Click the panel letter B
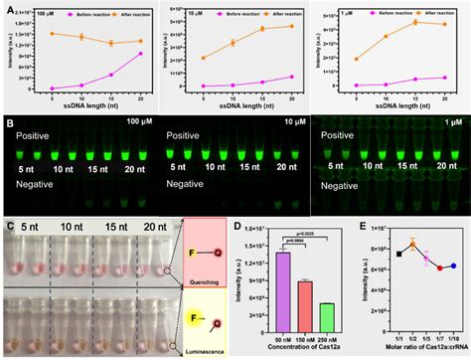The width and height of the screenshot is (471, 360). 7,124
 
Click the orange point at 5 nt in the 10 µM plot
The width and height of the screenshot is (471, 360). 204,58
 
